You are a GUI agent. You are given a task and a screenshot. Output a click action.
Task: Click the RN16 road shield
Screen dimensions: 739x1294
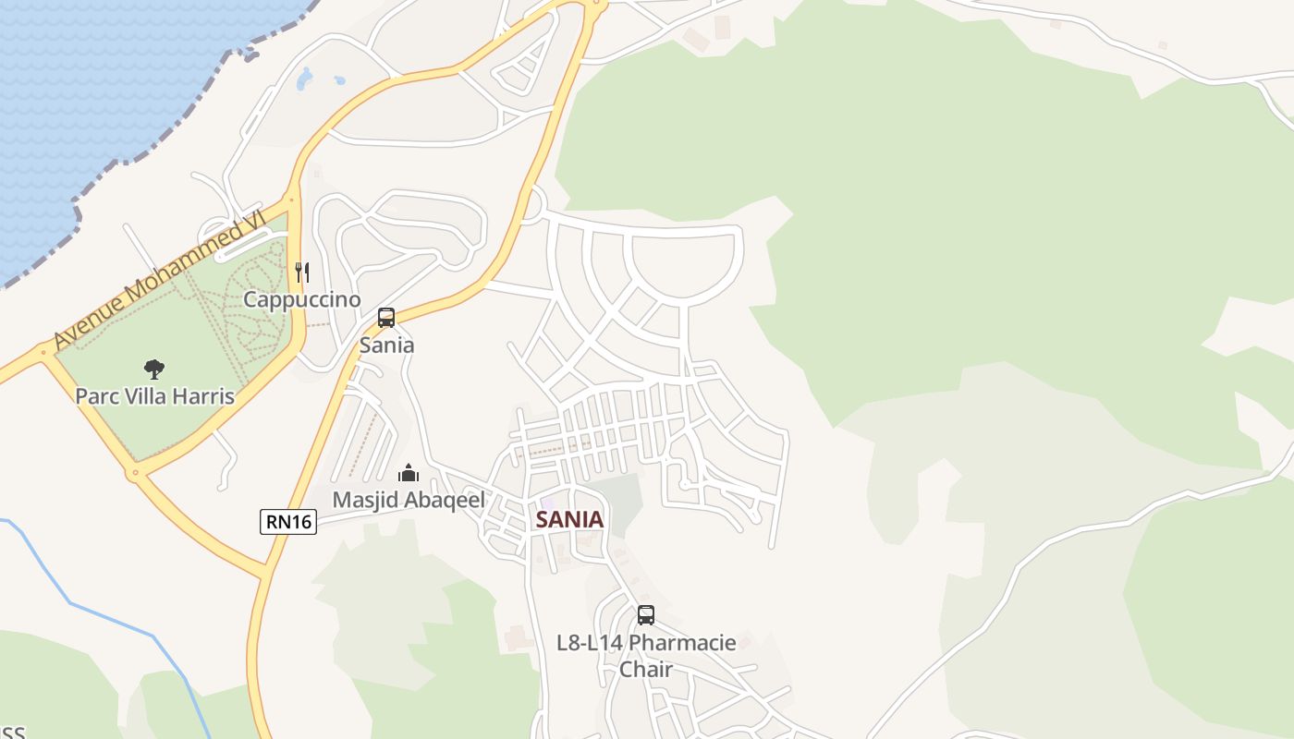click(x=288, y=522)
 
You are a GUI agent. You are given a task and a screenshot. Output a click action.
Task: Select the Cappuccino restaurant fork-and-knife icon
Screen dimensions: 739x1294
click(x=302, y=272)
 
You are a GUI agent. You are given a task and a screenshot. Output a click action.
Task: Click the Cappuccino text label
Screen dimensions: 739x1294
click(x=302, y=299)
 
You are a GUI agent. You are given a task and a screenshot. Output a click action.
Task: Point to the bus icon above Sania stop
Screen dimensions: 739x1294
click(x=386, y=318)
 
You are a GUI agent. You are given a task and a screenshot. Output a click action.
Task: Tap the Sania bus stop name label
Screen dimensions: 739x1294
click(x=386, y=345)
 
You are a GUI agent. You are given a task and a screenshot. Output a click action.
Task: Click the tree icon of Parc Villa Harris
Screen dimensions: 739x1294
click(x=154, y=369)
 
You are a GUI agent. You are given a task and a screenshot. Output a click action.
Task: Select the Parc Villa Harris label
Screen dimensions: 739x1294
click(x=154, y=396)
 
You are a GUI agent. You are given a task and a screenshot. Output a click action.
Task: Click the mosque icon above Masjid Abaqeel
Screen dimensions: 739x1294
click(x=409, y=474)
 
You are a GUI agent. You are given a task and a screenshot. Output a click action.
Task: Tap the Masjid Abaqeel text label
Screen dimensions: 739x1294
click(x=409, y=500)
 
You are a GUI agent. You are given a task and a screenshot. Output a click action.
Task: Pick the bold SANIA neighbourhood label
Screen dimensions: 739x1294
click(x=569, y=519)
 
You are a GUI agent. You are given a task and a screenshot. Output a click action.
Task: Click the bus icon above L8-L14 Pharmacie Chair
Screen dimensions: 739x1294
click(x=646, y=615)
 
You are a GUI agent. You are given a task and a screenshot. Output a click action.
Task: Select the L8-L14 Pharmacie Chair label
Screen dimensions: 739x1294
click(x=646, y=655)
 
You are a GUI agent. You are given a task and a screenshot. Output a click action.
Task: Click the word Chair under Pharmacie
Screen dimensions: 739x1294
click(x=646, y=669)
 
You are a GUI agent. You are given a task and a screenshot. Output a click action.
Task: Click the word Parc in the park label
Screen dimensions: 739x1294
click(x=94, y=396)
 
